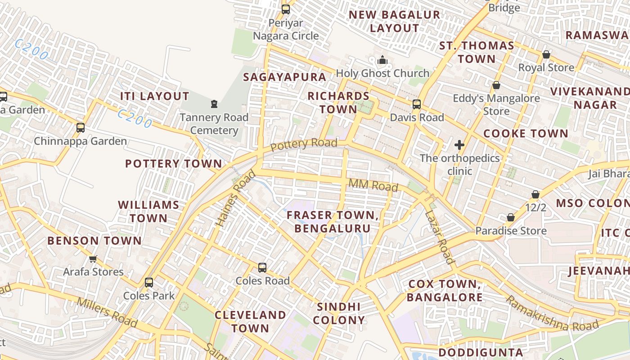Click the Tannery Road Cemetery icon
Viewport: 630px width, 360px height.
click(214, 104)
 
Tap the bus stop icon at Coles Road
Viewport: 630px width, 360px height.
click(262, 268)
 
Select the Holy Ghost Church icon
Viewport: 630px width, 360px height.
click(382, 60)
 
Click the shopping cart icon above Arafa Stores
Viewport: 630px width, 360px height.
click(93, 259)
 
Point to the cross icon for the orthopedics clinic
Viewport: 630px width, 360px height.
click(459, 145)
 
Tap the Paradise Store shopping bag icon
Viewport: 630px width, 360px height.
click(511, 218)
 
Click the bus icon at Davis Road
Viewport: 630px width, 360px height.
click(417, 104)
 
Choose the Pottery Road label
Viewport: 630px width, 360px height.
click(304, 144)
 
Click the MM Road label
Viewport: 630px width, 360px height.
click(373, 185)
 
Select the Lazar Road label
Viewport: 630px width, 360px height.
click(439, 237)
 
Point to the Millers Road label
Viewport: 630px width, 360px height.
click(107, 312)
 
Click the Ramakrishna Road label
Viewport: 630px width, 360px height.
click(552, 314)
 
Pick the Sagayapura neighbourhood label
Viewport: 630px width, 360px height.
click(284, 77)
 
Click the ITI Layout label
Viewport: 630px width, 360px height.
click(154, 96)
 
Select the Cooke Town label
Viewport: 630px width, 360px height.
click(526, 134)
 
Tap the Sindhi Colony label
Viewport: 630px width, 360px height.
click(339, 314)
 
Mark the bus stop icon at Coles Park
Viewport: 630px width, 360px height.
click(149, 283)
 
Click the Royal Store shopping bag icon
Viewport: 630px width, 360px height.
click(546, 54)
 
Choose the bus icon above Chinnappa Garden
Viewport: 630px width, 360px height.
click(81, 128)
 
